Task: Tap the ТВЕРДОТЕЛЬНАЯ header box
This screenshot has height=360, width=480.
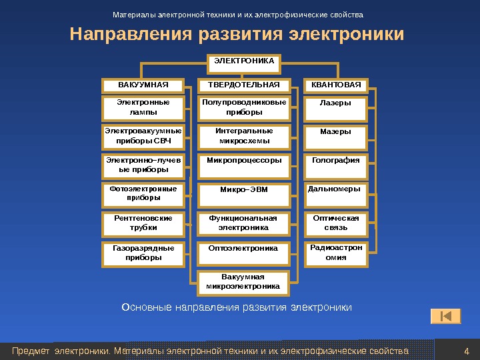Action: pos(244,85)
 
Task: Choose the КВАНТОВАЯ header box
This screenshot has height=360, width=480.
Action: pos(336,85)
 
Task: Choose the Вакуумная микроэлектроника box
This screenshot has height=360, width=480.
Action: pos(244,282)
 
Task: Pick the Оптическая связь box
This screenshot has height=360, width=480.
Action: pos(336,223)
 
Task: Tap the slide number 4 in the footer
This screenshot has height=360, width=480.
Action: pos(466,351)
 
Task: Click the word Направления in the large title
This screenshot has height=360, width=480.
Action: pos(127,33)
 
